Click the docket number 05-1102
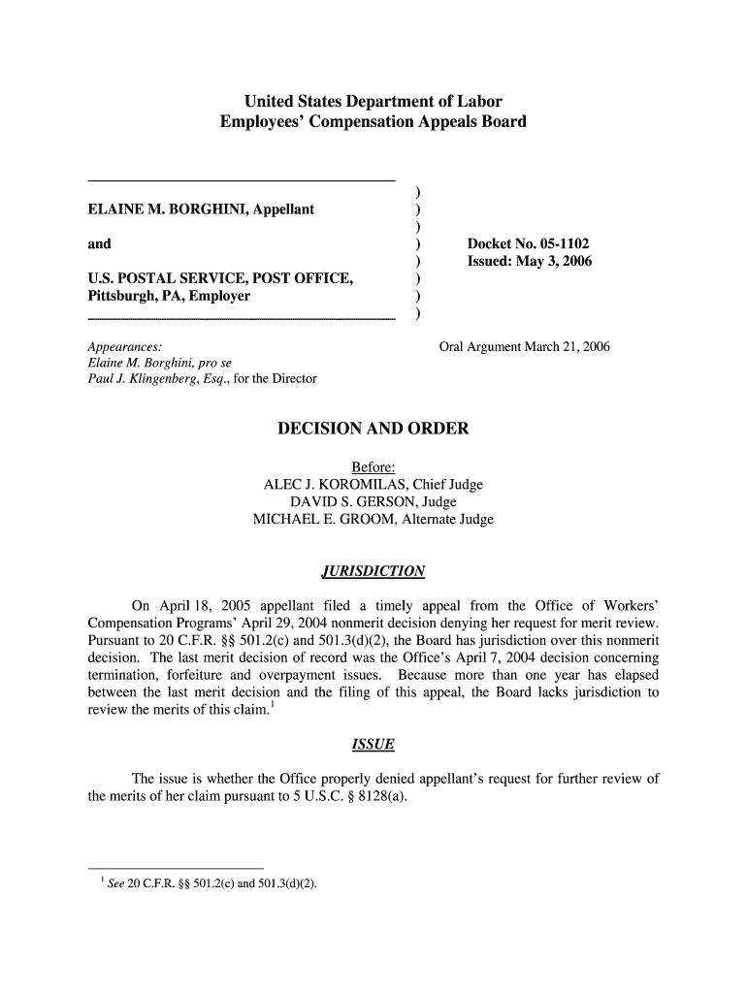(x=557, y=243)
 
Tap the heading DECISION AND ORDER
(x=373, y=429)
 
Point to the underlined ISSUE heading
(x=373, y=745)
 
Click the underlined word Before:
(x=373, y=467)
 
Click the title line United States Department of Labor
(x=373, y=102)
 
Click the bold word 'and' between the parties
(x=99, y=243)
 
